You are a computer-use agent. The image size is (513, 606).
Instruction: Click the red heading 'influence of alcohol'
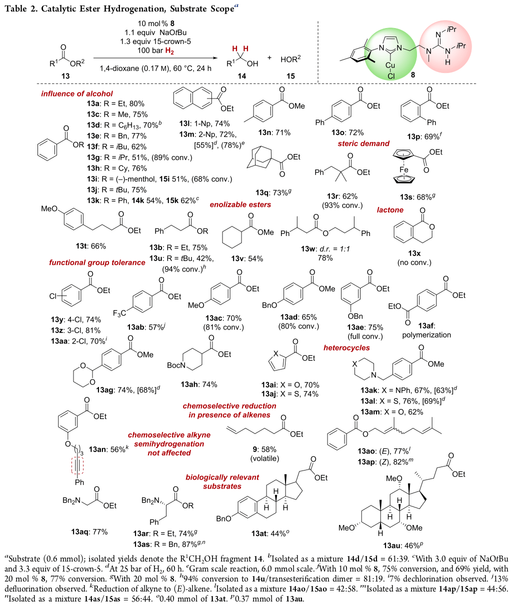77,93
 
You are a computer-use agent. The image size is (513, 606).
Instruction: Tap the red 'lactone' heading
390,210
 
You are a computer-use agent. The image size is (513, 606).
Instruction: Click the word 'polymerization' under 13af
426,335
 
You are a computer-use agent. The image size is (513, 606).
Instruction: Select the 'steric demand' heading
363,143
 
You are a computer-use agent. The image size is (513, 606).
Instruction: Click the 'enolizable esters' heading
240,204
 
